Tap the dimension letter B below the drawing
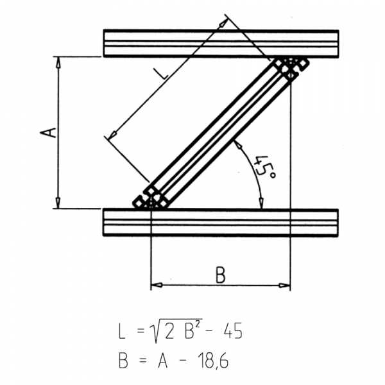coord(220,275)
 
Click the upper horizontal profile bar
coord(221,43)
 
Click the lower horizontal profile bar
coord(221,222)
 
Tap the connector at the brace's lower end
coord(151,198)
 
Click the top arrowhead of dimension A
coord(58,61)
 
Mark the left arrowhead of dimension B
coord(155,286)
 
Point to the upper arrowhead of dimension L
coord(224,22)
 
